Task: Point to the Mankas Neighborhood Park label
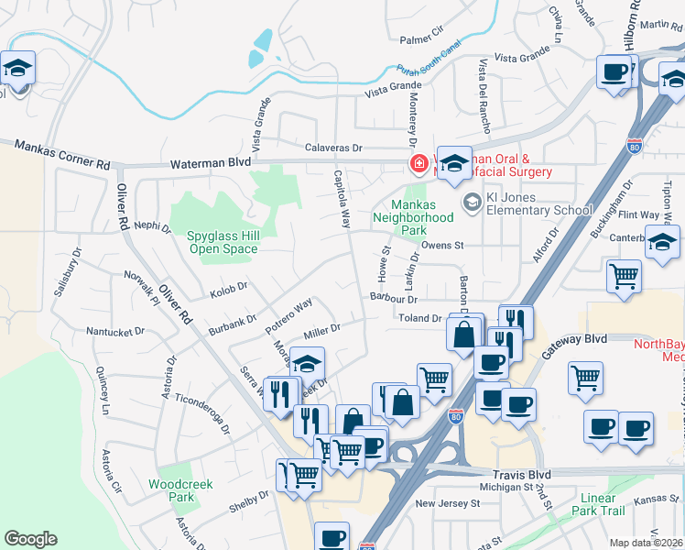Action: (x=412, y=218)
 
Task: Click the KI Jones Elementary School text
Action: (x=539, y=203)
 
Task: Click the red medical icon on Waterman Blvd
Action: (x=419, y=164)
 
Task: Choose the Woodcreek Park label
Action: (x=173, y=489)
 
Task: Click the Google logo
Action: (x=30, y=539)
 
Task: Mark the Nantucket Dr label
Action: (x=116, y=330)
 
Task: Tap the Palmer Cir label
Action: (x=421, y=39)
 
